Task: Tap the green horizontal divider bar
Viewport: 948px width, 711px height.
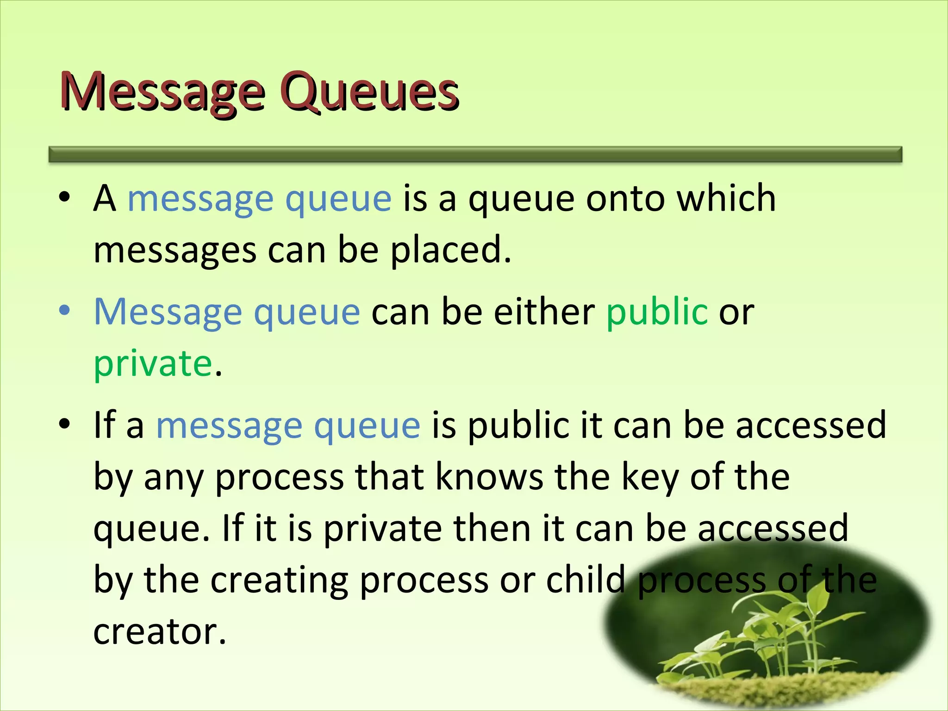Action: pyautogui.click(x=475, y=154)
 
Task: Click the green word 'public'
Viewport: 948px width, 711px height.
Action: pyautogui.click(x=657, y=312)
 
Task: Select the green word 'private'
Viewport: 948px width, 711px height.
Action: pyautogui.click(x=153, y=363)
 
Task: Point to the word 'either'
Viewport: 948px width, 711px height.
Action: pyautogui.click(x=544, y=312)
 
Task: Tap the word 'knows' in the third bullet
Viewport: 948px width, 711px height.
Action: pyautogui.click(x=489, y=477)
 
